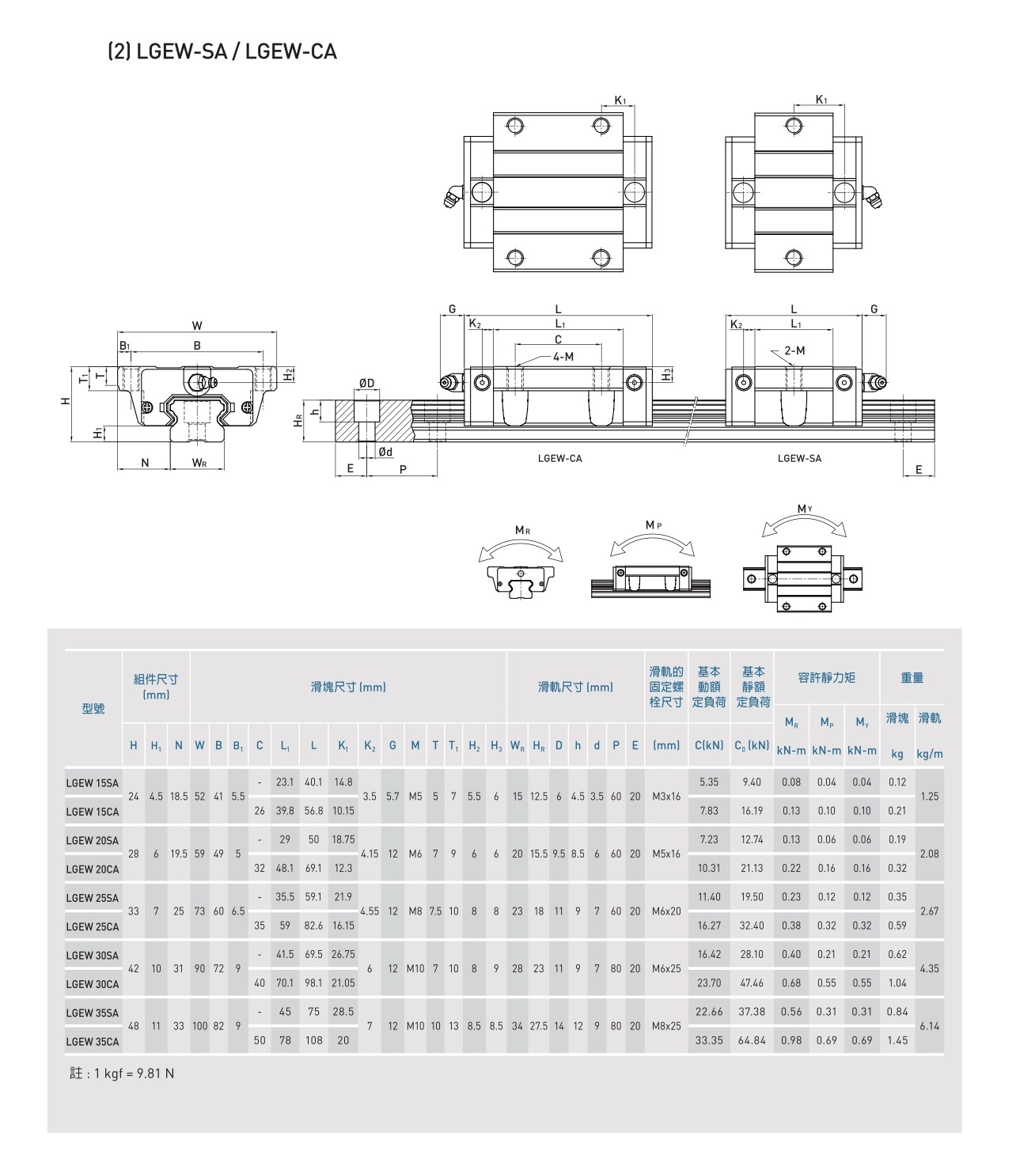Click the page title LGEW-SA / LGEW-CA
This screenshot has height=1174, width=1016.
[222, 51]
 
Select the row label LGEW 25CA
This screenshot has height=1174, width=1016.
[93, 927]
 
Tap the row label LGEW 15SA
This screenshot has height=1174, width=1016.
[93, 783]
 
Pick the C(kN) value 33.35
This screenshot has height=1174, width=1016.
[709, 1040]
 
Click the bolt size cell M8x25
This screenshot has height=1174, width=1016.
[666, 1026]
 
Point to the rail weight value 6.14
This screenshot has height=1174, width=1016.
[930, 1026]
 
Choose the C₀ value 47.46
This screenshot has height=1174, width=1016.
[752, 983]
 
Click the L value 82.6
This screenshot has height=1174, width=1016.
[313, 926]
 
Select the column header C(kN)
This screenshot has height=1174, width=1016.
[709, 745]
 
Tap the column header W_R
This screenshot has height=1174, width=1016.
[517, 746]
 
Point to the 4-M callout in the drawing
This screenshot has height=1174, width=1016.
[563, 357]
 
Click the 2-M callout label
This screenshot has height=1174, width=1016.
[794, 350]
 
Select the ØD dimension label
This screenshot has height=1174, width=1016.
[366, 383]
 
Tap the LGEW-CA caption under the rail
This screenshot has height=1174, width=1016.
[559, 458]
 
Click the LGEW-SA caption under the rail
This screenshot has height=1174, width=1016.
[799, 458]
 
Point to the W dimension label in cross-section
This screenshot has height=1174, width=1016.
[196, 326]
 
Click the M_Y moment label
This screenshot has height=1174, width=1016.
[805, 509]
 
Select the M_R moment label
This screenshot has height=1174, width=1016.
[522, 531]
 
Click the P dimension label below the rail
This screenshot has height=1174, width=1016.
[403, 470]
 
